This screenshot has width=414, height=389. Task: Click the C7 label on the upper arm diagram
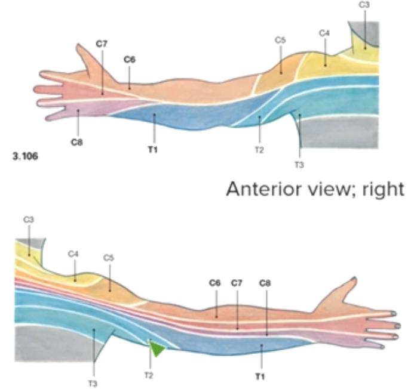coord(101,44)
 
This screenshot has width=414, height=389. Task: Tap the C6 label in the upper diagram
coord(129,59)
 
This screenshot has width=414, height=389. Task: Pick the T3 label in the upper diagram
coord(299,164)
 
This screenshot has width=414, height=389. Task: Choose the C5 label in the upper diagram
coord(280,40)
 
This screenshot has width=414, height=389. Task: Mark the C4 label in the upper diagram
coord(324,33)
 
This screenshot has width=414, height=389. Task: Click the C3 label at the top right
coord(364,5)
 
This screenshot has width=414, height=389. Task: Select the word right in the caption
coord(385,190)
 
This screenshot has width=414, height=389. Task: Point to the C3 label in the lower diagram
coord(28,220)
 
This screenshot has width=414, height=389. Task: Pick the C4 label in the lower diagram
coord(73,254)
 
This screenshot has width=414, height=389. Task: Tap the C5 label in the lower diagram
coord(108,258)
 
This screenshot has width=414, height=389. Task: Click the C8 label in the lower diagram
coord(265,283)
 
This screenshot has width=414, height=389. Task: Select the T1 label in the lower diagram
coord(260,376)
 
